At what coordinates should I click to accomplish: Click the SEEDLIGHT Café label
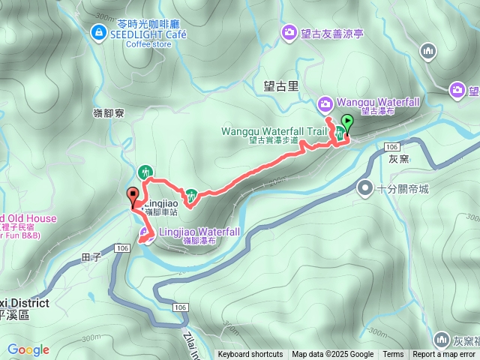tap(149, 33)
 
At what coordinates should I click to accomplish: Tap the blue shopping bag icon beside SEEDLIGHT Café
tap(98, 31)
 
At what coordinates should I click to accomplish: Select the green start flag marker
tap(347, 122)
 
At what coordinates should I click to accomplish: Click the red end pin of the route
tap(133, 197)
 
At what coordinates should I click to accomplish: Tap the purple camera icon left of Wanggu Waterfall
tap(325, 103)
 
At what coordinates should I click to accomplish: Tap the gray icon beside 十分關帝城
tap(365, 187)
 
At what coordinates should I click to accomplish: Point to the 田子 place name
tap(90, 257)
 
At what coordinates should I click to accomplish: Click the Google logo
tap(28, 349)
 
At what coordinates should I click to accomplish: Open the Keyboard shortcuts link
tap(251, 355)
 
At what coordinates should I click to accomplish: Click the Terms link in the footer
tap(393, 355)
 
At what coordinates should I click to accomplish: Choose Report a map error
tap(445, 355)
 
